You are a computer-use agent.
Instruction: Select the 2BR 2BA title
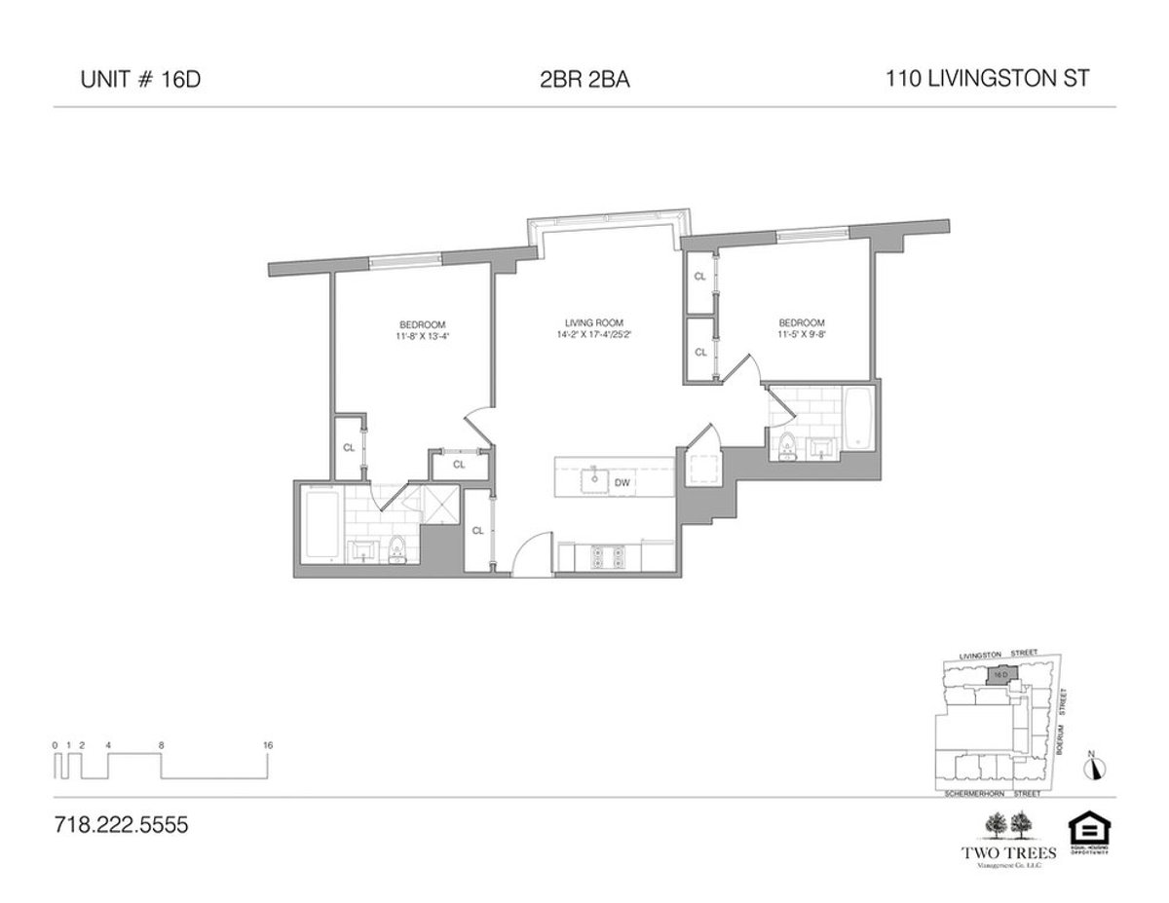coord(584,81)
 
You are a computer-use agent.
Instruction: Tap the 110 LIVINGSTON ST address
coord(987,81)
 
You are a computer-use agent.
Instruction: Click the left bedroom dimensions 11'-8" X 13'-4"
coord(422,337)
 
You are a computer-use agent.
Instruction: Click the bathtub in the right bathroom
coord(859,420)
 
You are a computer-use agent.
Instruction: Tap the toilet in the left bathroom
coord(396,552)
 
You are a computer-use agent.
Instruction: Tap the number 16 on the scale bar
coord(268,745)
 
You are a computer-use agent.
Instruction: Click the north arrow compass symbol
coord(1096,767)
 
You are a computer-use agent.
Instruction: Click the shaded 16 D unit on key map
coord(999,674)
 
